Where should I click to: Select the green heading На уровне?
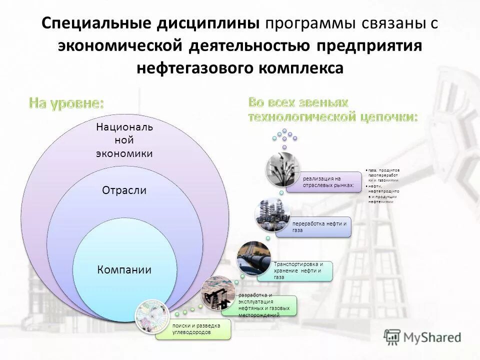tap(66, 103)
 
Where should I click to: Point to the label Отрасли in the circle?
tap(124, 190)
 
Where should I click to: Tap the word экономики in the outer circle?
tap(124, 153)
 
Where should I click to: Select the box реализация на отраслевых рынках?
tap(330, 182)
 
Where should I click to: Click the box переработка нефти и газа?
tap(320, 226)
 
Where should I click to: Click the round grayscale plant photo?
tap(283, 170)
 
